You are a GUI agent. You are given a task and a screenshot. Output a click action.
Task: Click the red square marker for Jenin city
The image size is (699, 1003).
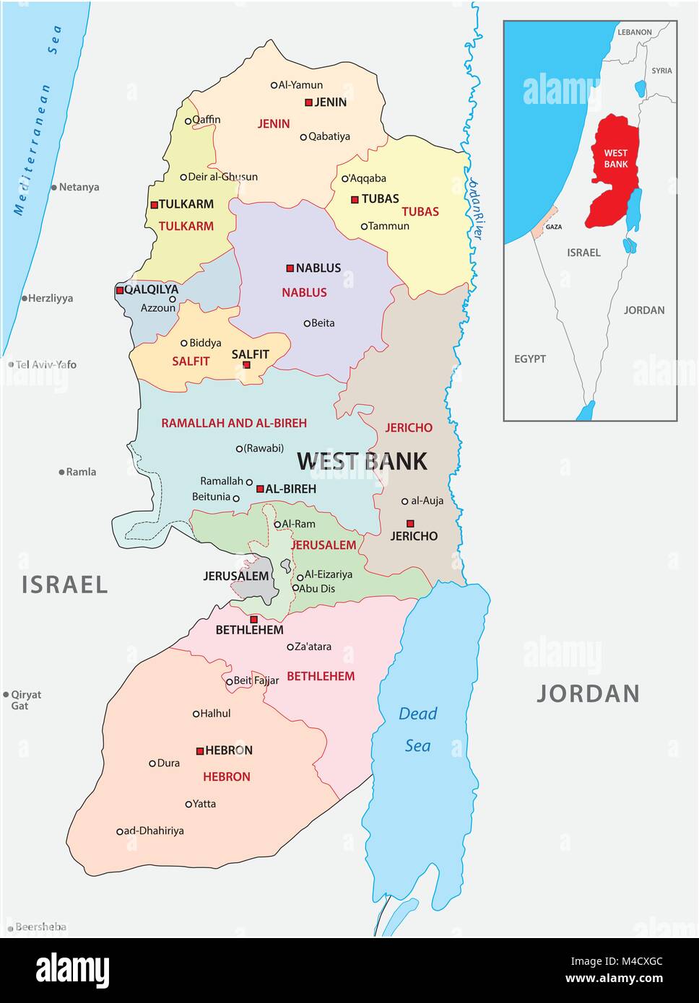308,102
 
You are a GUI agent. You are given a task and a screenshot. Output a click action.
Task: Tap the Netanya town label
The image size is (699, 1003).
79,187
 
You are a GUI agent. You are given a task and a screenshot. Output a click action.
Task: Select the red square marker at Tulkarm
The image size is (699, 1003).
154,205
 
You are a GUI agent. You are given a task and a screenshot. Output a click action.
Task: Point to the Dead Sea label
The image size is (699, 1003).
418,729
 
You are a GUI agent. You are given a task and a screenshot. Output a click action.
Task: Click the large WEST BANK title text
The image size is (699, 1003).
362,461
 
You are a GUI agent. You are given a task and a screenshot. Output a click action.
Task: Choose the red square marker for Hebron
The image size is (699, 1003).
200,751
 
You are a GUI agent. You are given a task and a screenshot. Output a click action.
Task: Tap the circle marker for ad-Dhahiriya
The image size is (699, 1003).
120,831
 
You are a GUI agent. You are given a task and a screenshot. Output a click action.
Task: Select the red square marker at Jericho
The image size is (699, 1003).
410,523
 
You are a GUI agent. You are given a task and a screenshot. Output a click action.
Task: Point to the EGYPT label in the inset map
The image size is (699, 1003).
530,359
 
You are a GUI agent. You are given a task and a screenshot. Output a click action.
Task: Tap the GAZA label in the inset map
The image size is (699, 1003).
554,227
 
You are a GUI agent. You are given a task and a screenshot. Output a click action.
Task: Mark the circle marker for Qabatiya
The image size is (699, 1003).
303,136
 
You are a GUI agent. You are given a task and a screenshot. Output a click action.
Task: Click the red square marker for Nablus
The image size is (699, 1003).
290,268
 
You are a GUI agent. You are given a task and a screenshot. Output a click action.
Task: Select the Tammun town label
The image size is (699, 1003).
388,226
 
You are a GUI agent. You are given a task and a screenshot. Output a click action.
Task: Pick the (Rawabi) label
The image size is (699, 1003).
264,448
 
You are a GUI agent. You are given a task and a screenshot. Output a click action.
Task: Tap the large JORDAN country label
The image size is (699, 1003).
589,693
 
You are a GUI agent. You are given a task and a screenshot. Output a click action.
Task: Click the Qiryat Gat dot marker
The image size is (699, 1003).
6,695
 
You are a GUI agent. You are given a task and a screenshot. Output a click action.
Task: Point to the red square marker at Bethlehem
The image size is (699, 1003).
253,619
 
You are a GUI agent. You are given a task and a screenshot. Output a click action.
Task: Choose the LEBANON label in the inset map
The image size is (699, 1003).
634,32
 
